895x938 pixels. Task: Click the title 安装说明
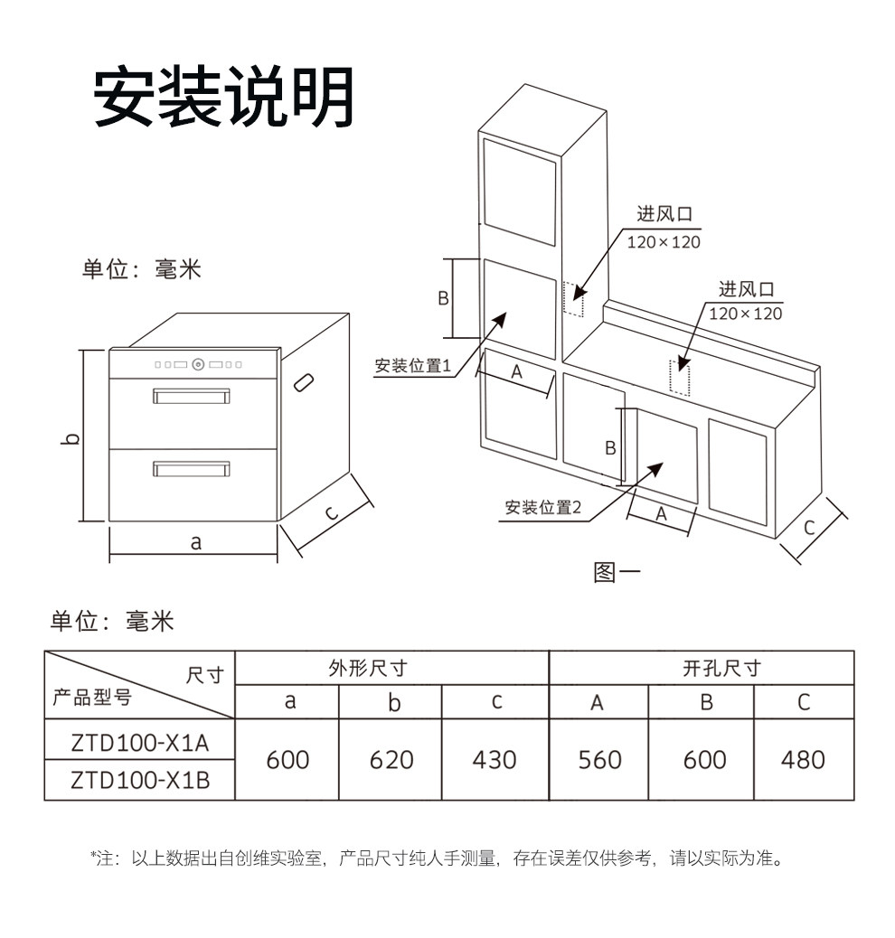click(223, 97)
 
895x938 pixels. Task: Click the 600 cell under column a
click(287, 760)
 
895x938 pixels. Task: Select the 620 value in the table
click(391, 760)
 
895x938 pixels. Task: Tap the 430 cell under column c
click(495, 760)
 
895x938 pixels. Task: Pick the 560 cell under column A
click(599, 760)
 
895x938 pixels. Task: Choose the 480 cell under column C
click(803, 760)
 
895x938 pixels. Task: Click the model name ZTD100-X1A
click(140, 743)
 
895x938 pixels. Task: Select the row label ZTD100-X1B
click(140, 780)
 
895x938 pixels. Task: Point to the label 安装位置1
click(412, 366)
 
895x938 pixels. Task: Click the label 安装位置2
click(542, 508)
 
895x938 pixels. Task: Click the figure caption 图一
click(617, 573)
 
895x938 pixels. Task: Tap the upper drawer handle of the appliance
click(191, 396)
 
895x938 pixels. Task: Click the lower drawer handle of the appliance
click(191, 468)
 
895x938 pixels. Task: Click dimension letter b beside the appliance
click(72, 439)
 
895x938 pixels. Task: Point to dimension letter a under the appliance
click(195, 542)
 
